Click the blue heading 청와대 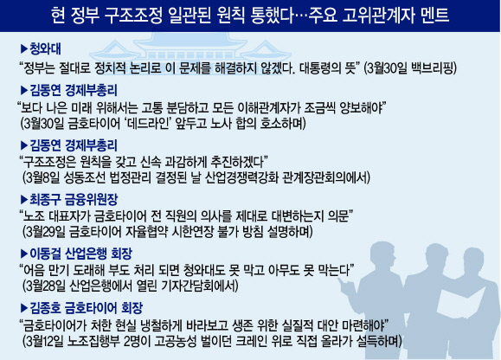(x=45, y=48)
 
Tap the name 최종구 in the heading (x=45, y=200)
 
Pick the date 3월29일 (x=46, y=232)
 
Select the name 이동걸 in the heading (x=45, y=254)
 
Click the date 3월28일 (x=46, y=286)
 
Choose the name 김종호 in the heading (x=45, y=308)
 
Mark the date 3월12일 (x=45, y=341)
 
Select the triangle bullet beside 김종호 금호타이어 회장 (x=24, y=308)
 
